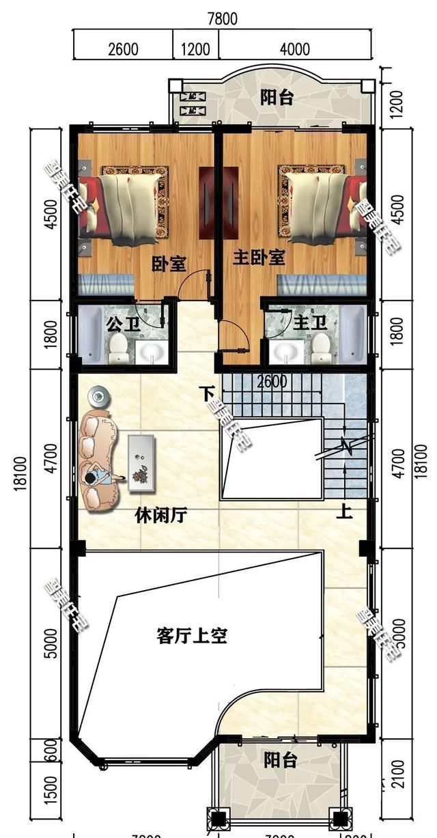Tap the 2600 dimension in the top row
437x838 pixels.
coord(123,48)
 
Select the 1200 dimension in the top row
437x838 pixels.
coord(196,48)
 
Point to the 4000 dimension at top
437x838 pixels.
coord(294,48)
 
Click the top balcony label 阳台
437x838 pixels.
coord(277,98)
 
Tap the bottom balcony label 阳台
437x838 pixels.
coord(279,760)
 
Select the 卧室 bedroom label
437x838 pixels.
coord(169,264)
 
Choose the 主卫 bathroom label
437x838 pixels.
coord(309,322)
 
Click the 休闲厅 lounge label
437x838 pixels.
coord(161,516)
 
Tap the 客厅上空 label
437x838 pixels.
coord(191,637)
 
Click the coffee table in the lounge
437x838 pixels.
coord(141,462)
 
